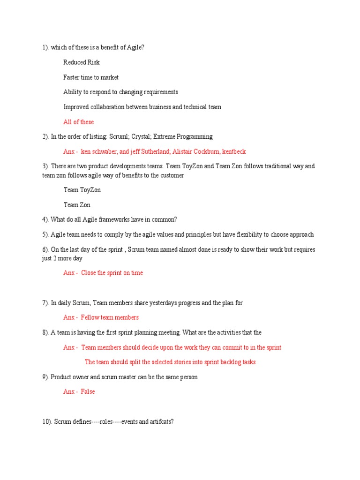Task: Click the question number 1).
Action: [45, 47]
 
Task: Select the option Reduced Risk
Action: [82, 62]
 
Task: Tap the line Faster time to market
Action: [91, 77]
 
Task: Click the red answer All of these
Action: [78, 122]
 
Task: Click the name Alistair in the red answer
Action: [183, 151]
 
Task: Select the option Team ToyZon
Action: [82, 190]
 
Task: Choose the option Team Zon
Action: [77, 205]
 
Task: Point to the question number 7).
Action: [45, 303]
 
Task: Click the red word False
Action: [88, 391]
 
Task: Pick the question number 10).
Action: [47, 421]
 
